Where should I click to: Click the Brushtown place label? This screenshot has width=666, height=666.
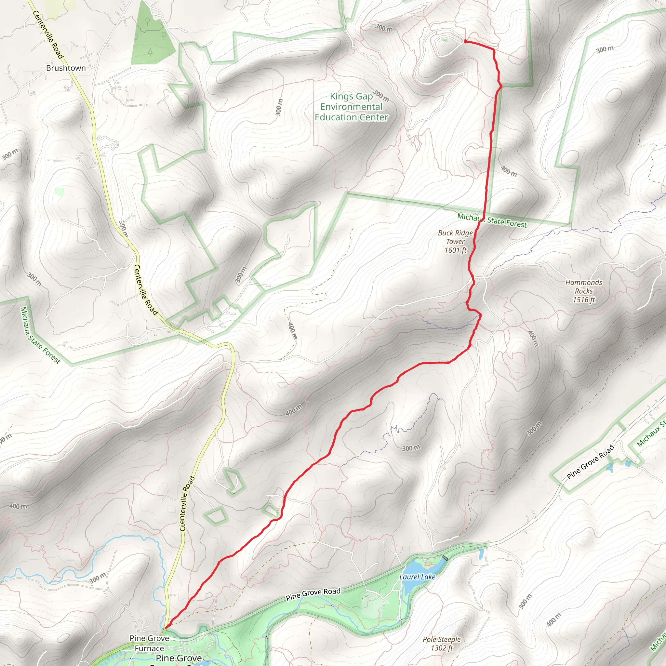click(x=66, y=68)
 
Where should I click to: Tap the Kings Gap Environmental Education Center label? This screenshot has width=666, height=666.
click(x=351, y=107)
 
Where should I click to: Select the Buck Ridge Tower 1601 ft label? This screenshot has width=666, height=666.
click(x=455, y=242)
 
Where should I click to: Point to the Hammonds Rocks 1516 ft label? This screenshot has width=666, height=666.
click(x=584, y=291)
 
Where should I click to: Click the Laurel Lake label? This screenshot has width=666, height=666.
click(x=417, y=577)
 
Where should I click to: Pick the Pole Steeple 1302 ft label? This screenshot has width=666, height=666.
click(x=442, y=643)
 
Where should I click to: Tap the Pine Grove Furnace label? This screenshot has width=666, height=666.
click(x=149, y=643)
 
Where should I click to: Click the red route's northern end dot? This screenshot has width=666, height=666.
click(x=465, y=41)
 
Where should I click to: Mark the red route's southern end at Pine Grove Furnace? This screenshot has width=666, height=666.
click(x=166, y=627)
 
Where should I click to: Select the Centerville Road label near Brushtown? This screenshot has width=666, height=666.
click(x=48, y=34)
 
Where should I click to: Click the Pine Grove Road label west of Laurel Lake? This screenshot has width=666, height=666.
click(x=313, y=594)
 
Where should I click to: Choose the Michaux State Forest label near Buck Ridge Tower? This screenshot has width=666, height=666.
click(x=492, y=220)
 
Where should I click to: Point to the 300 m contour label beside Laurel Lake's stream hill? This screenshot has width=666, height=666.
click(x=411, y=448)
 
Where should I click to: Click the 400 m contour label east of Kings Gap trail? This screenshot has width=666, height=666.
click(x=509, y=171)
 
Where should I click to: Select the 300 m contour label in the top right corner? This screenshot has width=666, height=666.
click(x=605, y=49)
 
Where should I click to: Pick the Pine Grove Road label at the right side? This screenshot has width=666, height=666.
click(x=591, y=462)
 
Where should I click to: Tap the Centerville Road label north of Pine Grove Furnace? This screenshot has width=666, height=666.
click(x=188, y=503)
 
